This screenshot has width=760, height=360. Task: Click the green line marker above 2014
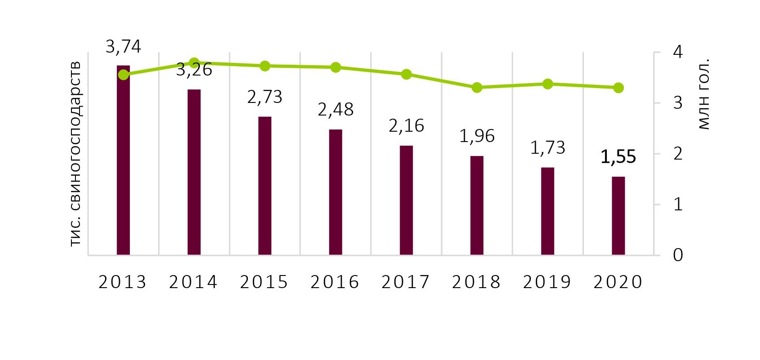(x=194, y=62)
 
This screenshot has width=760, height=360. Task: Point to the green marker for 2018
(x=477, y=88)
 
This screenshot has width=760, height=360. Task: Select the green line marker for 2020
(x=618, y=88)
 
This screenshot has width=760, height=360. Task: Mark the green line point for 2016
(x=336, y=67)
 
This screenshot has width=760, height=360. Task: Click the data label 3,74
(x=123, y=46)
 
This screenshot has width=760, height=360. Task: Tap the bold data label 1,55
(x=618, y=157)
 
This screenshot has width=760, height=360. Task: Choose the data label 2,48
(x=336, y=109)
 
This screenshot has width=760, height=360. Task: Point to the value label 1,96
(x=477, y=136)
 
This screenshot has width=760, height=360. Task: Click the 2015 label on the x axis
(x=264, y=282)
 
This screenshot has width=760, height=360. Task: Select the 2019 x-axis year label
(x=547, y=282)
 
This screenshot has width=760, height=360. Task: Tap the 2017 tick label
(x=406, y=282)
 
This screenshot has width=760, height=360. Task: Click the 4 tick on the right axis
(x=677, y=52)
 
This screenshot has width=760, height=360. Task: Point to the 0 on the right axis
(x=677, y=255)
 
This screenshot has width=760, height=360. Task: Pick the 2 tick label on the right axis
(x=677, y=154)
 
